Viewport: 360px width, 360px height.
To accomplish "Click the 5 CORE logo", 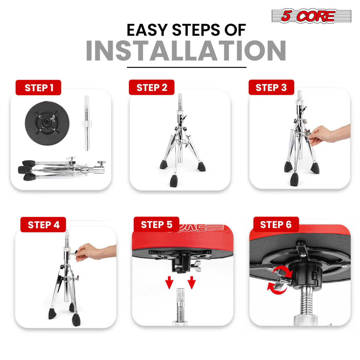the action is click(x=311, y=16).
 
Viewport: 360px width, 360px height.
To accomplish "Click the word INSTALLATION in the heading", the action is click(x=186, y=51).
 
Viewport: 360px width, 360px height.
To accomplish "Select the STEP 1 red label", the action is click(x=38, y=87).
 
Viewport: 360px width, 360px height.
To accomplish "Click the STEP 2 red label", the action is click(x=152, y=87).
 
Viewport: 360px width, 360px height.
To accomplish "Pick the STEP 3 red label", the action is click(x=271, y=87).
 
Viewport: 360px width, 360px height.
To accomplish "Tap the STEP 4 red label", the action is click(x=43, y=224).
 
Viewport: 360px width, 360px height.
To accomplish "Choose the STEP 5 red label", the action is click(x=156, y=224).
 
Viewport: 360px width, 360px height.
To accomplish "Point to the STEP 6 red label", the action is click(x=276, y=224).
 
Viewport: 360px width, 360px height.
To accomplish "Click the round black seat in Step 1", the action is click(x=47, y=123).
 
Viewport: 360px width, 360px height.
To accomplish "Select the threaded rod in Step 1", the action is click(x=87, y=123).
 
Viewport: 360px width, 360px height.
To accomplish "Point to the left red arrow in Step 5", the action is click(x=169, y=282).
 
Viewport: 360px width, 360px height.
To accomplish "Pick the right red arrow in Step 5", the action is click(x=192, y=282).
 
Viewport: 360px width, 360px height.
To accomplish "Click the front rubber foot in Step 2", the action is click(x=173, y=181).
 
